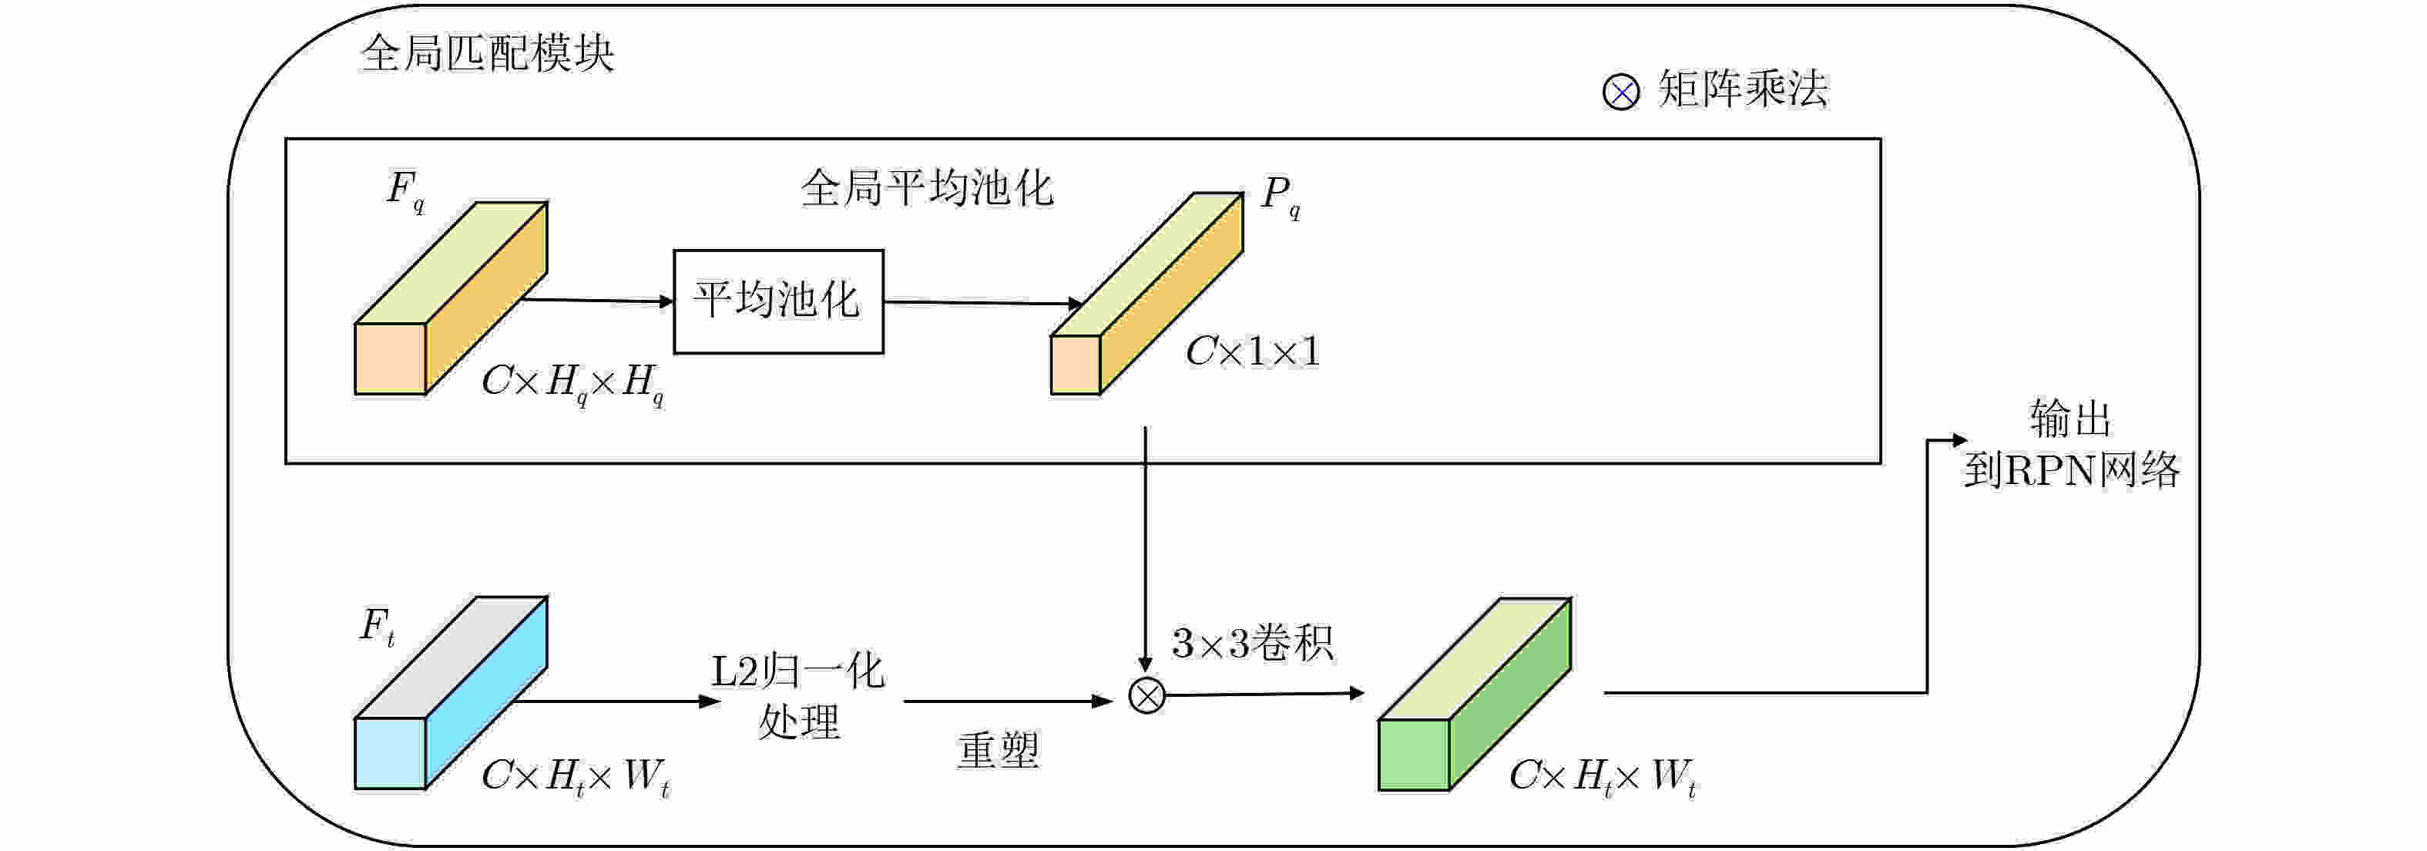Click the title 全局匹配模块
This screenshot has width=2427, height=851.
487,54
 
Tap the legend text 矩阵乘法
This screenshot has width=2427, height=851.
1742,90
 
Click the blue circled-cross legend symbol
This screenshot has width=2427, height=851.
1620,92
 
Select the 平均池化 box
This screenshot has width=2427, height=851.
778,301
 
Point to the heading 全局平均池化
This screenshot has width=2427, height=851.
926,189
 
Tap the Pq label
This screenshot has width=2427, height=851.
1281,195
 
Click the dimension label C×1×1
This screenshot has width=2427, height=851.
1252,352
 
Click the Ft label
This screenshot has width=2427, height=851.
377,626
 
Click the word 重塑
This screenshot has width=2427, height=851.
998,751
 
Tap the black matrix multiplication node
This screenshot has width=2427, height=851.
1146,696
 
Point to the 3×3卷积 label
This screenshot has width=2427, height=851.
1252,644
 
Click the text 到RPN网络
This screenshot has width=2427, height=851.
2071,470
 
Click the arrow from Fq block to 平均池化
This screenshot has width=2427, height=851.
597,301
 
